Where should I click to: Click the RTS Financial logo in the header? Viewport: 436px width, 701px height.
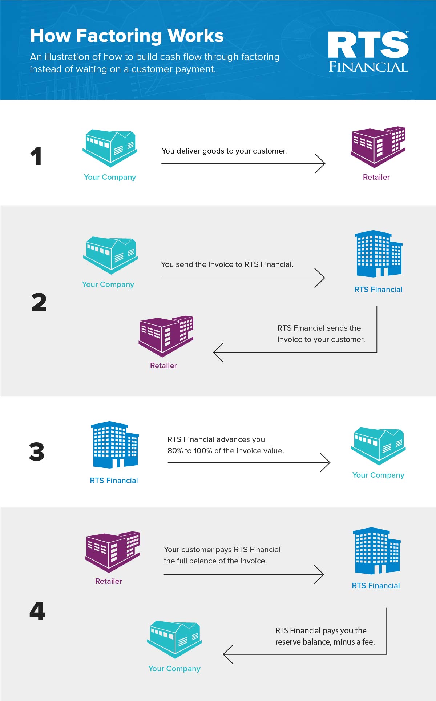[368, 51]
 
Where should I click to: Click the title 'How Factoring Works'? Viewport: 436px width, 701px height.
[127, 36]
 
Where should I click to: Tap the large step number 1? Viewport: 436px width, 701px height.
[36, 156]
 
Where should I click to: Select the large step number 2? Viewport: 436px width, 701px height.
[39, 302]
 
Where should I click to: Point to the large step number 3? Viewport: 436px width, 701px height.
[37, 452]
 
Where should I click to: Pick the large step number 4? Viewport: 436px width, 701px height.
[37, 611]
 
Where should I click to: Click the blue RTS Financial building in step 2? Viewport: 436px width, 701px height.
[379, 254]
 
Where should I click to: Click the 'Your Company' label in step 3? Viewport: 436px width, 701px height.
[378, 475]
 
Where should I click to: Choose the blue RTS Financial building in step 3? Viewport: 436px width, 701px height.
[115, 445]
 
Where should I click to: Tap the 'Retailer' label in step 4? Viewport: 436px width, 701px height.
[109, 581]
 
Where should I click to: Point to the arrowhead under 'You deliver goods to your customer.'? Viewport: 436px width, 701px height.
[320, 163]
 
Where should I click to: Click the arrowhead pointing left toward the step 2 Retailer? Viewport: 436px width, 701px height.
[218, 353]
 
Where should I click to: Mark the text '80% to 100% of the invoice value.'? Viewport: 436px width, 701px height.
[226, 451]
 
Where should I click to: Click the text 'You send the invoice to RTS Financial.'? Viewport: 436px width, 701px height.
[227, 264]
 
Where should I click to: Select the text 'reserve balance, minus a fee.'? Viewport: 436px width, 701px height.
[325, 642]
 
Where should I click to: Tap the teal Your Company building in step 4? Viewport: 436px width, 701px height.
[174, 640]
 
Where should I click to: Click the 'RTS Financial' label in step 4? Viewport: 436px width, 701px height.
[376, 586]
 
